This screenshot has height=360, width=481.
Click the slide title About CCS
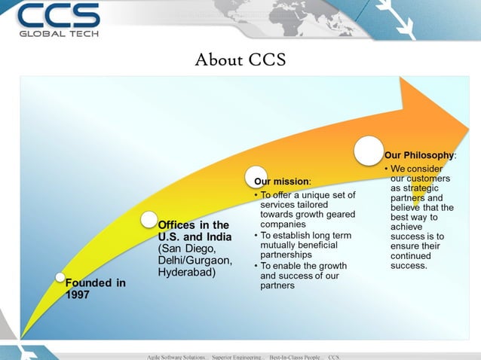click(240, 59)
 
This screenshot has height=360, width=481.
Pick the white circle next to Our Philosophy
click(369, 150)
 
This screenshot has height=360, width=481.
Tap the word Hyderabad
click(185, 272)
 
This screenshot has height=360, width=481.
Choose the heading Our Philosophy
click(419, 154)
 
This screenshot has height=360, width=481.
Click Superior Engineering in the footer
click(238, 356)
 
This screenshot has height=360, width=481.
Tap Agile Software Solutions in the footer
click(178, 356)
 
